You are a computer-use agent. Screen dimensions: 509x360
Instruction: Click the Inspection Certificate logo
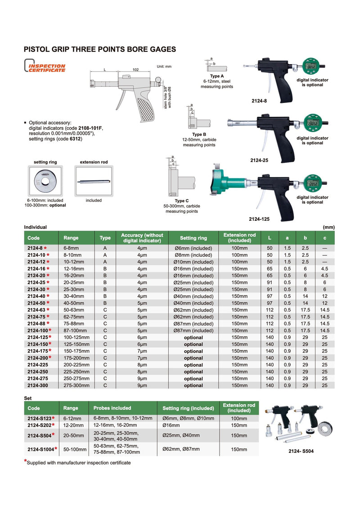[x=45, y=68]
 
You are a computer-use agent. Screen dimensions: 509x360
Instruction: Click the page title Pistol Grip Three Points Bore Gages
[x=99, y=49]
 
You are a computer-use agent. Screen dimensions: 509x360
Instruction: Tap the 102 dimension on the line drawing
[x=135, y=70]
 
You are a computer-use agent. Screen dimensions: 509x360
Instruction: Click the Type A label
[x=217, y=76]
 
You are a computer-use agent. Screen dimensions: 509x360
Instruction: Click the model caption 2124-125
[x=259, y=219]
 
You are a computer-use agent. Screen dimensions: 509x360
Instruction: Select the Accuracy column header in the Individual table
[x=142, y=238]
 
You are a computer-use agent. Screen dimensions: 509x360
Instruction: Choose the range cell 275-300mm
[x=76, y=385]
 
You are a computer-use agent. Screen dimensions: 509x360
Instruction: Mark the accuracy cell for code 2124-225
[x=142, y=365]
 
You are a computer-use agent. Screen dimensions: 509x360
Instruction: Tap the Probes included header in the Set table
[x=112, y=408]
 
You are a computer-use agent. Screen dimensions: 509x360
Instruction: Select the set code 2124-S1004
[x=41, y=448]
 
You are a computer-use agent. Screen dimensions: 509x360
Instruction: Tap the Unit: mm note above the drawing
[x=164, y=67]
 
